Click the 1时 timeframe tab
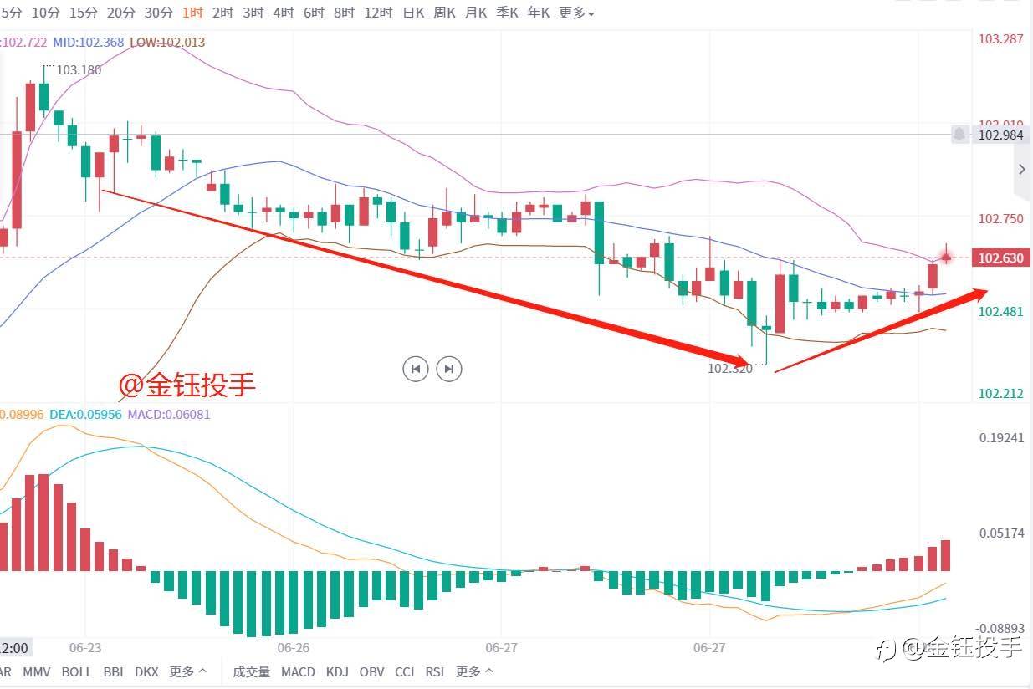pyautogui.click(x=192, y=13)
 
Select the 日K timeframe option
pyautogui.click(x=413, y=13)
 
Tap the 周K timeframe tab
pyautogui.click(x=444, y=13)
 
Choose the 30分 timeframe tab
pyautogui.click(x=158, y=13)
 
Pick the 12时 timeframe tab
pyautogui.click(x=379, y=13)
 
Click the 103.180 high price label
pyautogui.click(x=79, y=70)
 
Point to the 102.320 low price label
pyautogui.click(x=729, y=368)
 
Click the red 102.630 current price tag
pyautogui.click(x=1000, y=258)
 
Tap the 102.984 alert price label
pyautogui.click(x=1000, y=135)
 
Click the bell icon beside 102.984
pyautogui.click(x=959, y=134)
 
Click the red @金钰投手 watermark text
pyautogui.click(x=187, y=384)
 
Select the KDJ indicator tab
pyautogui.click(x=337, y=671)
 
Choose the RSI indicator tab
pyautogui.click(x=434, y=671)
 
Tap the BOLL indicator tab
pyautogui.click(x=77, y=671)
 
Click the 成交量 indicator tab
pyautogui.click(x=252, y=671)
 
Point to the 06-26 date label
pyautogui.click(x=294, y=647)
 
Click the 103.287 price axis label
pyautogui.click(x=1000, y=38)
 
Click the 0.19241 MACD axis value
pyautogui.click(x=1000, y=437)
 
